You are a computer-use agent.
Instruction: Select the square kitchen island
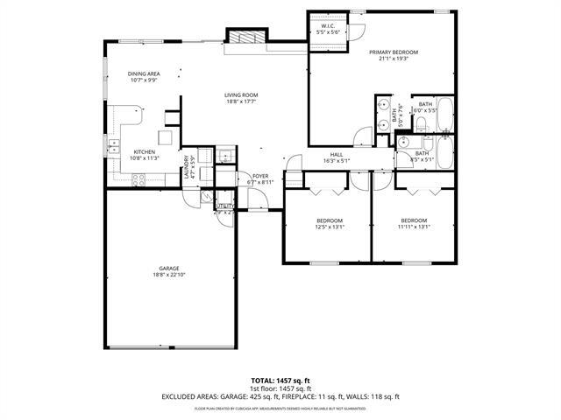[165, 137]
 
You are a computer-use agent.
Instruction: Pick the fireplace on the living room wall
[240, 37]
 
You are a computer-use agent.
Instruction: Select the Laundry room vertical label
[186, 168]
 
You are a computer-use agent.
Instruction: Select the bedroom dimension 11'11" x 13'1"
[414, 227]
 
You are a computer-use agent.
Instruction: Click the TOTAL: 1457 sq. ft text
[280, 381]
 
